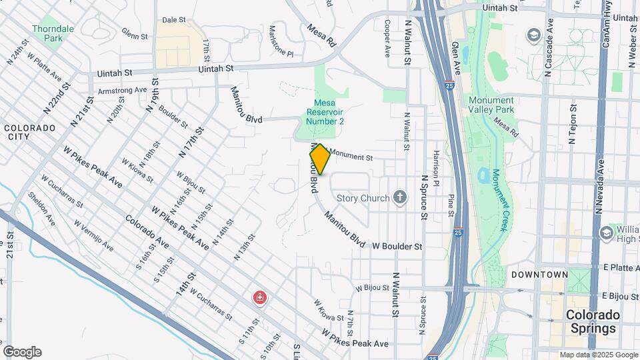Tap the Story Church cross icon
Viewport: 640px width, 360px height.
(x=399, y=197)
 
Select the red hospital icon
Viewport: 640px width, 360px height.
(x=259, y=297)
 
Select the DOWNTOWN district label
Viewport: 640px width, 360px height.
(x=539, y=275)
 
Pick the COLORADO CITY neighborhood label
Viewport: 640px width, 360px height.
(x=29, y=131)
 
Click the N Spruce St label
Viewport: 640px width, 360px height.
(x=423, y=197)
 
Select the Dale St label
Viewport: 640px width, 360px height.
(x=173, y=20)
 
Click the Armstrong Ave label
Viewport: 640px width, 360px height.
(x=122, y=90)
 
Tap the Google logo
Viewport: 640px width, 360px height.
(x=21, y=352)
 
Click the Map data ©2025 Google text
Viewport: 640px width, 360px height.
(x=598, y=355)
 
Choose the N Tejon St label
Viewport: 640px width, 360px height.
(x=572, y=123)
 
